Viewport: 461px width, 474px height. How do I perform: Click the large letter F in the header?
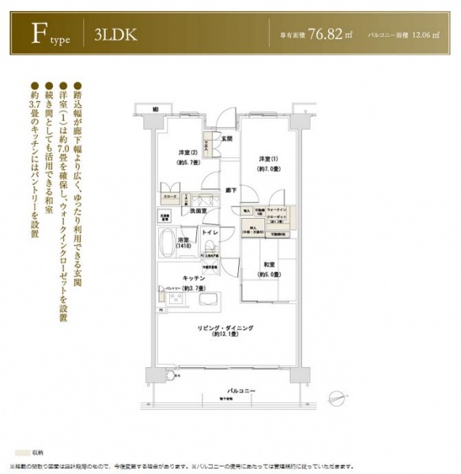pyautogui.click(x=36, y=34)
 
